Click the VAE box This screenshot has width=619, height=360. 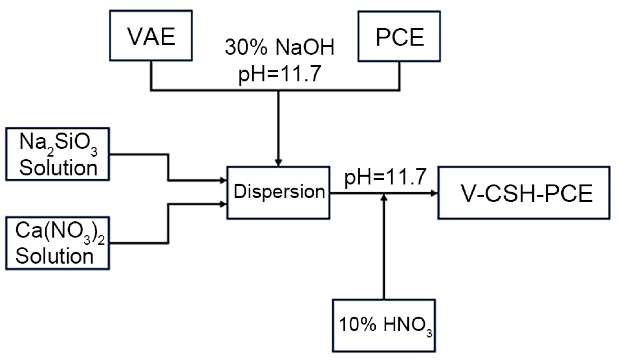pos(151,36)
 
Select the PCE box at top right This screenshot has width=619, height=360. pos(399,36)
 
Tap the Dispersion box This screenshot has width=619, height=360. pos(278,193)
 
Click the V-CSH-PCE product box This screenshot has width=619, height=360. pos(524,193)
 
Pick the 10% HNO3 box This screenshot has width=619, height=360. pos(384,325)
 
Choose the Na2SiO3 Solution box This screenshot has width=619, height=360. pos(57,154)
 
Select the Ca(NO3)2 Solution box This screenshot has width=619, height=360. pos(57,243)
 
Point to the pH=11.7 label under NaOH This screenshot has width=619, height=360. pos(280,74)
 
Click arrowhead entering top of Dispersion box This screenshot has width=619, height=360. pos(278,163)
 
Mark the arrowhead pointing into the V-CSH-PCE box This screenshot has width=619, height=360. pos(434,193)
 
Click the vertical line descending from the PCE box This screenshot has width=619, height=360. pos(399,76)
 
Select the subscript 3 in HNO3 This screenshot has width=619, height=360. pos(429,334)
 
